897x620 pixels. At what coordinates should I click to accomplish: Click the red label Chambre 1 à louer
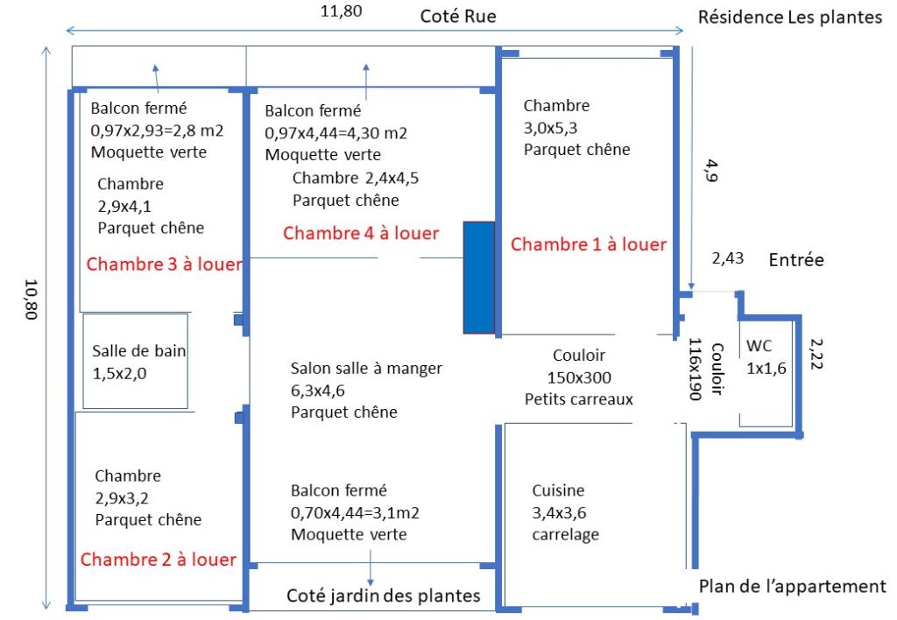coord(589,244)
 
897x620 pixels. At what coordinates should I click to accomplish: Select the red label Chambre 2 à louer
coord(159,560)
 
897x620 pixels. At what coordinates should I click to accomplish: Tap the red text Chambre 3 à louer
coord(164,264)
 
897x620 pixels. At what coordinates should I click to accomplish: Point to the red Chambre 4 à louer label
coord(361,233)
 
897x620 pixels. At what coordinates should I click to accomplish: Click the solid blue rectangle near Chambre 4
coord(479,278)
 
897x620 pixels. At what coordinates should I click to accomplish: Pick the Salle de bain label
coord(139,350)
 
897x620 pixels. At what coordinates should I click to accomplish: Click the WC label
coord(759,345)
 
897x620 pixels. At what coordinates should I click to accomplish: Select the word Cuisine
coord(558,490)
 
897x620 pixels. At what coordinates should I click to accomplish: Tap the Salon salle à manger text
coord(366,369)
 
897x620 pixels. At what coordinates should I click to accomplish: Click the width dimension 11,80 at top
coord(342,11)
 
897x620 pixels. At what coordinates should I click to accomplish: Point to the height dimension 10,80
coord(31,299)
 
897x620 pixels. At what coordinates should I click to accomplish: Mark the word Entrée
coord(796,260)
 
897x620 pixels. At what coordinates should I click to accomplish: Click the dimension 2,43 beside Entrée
coord(728,258)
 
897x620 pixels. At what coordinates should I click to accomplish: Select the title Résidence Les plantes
coord(790,18)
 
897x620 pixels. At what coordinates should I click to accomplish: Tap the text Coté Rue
coord(458,16)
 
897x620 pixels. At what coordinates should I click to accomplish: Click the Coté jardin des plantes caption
coord(384,595)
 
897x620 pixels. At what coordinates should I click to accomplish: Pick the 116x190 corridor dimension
coord(695,369)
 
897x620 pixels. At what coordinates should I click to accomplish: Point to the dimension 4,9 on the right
coord(711,171)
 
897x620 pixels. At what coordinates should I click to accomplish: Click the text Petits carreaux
coord(579,398)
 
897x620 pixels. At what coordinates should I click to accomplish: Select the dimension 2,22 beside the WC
coord(816,354)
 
